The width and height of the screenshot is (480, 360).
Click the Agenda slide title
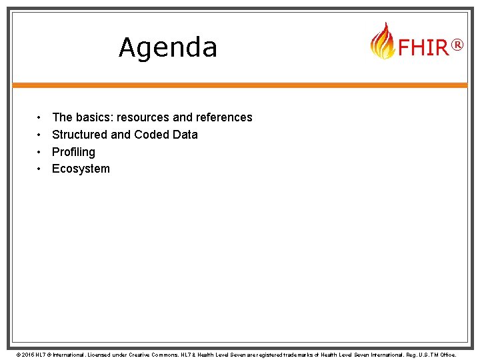[168, 47]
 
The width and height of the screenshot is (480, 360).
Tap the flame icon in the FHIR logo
[382, 41]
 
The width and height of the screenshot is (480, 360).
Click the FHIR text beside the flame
[423, 48]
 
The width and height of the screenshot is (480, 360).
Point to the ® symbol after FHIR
[457, 45]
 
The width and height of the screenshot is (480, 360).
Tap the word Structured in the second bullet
[79, 135]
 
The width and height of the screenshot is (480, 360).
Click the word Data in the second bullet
[185, 135]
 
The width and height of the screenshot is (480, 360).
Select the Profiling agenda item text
[73, 152]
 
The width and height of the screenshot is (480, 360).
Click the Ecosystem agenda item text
[81, 169]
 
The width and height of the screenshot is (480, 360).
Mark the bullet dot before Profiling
[40, 152]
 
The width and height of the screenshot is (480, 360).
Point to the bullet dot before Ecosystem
[40, 169]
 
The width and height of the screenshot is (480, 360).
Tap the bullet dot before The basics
[40, 117]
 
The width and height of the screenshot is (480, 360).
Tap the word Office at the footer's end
[446, 355]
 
